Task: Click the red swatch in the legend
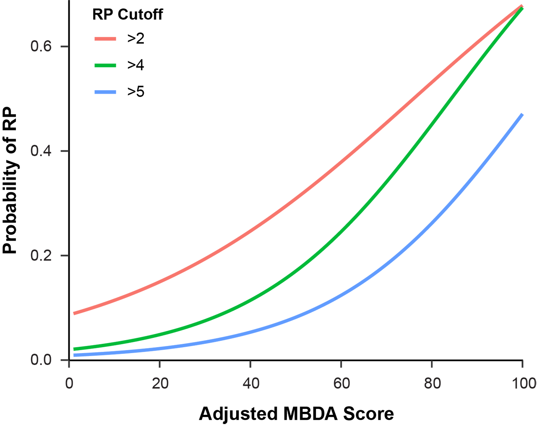(x=103, y=40)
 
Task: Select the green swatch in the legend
(x=103, y=65)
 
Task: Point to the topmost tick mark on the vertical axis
(x=62, y=46)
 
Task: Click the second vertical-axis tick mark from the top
(x=62, y=151)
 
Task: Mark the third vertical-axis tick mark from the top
(x=62, y=255)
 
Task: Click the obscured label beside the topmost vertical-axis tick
(x=29, y=46)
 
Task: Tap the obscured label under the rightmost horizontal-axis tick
(x=512, y=399)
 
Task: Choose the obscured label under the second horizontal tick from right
(x=432, y=395)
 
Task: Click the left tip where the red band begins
(x=73, y=313)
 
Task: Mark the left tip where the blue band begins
(x=73, y=355)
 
